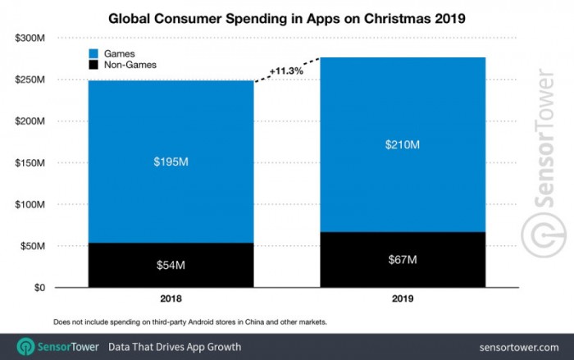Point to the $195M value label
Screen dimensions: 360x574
point(171,162)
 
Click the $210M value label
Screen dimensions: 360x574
point(403,146)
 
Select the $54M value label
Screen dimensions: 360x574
point(171,266)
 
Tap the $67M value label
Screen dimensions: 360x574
point(403,261)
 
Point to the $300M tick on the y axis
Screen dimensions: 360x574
point(30,39)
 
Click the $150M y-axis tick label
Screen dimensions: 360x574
point(30,163)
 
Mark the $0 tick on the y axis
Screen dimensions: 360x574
point(39,288)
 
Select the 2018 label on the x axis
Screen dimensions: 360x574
point(171,302)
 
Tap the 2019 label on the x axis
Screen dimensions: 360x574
point(403,302)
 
